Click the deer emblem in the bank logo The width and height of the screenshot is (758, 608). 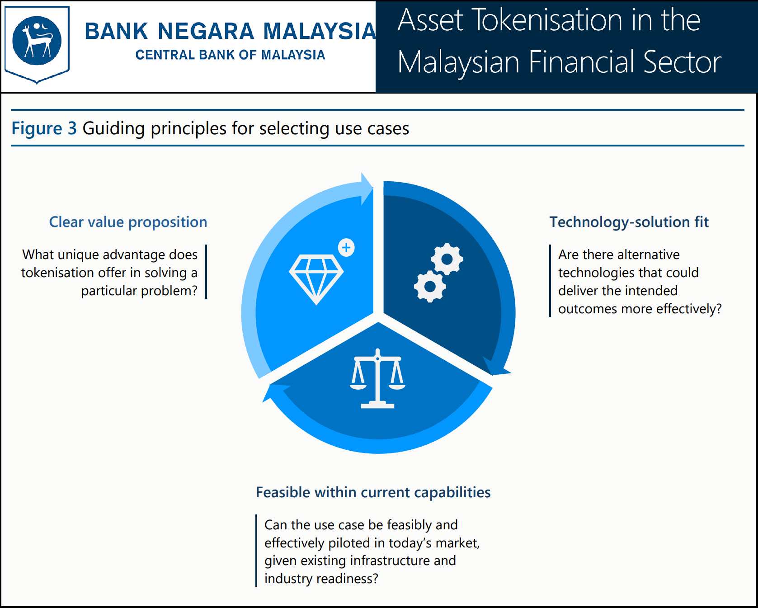(x=37, y=41)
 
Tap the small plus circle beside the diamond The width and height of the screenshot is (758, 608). (x=347, y=247)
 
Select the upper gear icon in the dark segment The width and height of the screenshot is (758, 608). (x=447, y=259)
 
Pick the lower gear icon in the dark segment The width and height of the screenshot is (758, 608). (x=430, y=286)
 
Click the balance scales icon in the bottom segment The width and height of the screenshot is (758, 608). (x=377, y=379)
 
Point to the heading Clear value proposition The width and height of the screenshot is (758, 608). (x=128, y=222)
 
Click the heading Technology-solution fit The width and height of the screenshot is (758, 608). (x=629, y=222)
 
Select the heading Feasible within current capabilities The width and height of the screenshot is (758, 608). (x=373, y=492)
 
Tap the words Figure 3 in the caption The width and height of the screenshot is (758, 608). (x=44, y=128)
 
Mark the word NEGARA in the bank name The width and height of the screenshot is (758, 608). (x=206, y=31)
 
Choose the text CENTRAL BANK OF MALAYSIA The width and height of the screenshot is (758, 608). (x=230, y=55)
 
